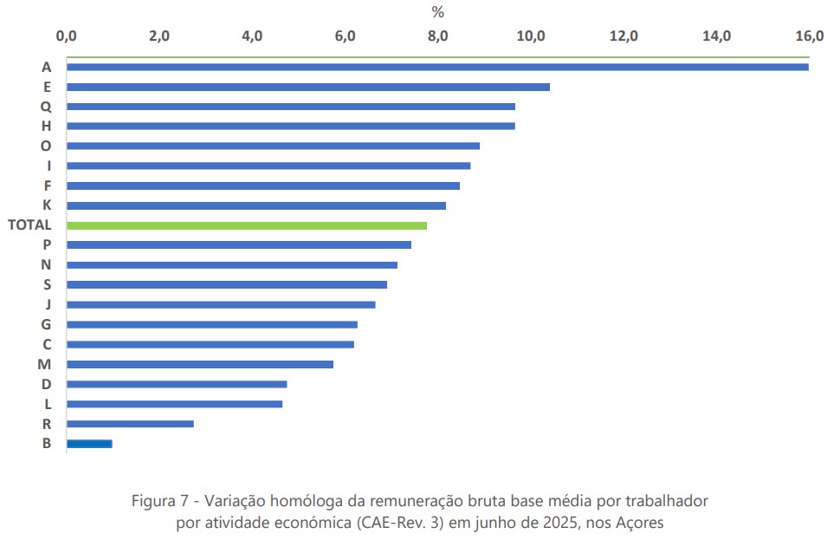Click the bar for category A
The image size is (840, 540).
(437, 67)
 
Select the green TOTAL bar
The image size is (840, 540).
(247, 225)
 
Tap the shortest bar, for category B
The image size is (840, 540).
(89, 444)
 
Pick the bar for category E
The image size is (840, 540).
(307, 87)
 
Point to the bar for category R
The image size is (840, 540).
(130, 424)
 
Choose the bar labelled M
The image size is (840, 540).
(199, 364)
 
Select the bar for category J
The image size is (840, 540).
(221, 304)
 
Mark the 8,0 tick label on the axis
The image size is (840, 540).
(438, 36)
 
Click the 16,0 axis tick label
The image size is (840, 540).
(810, 36)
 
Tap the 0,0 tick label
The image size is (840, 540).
(66, 36)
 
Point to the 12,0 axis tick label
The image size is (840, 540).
(624, 36)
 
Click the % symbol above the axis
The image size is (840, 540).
(438, 12)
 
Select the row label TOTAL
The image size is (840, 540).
(29, 225)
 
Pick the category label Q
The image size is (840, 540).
(46, 107)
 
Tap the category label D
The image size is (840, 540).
(46, 384)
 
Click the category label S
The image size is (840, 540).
(47, 284)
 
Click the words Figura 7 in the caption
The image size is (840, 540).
(160, 502)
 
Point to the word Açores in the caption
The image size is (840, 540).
(640, 523)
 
